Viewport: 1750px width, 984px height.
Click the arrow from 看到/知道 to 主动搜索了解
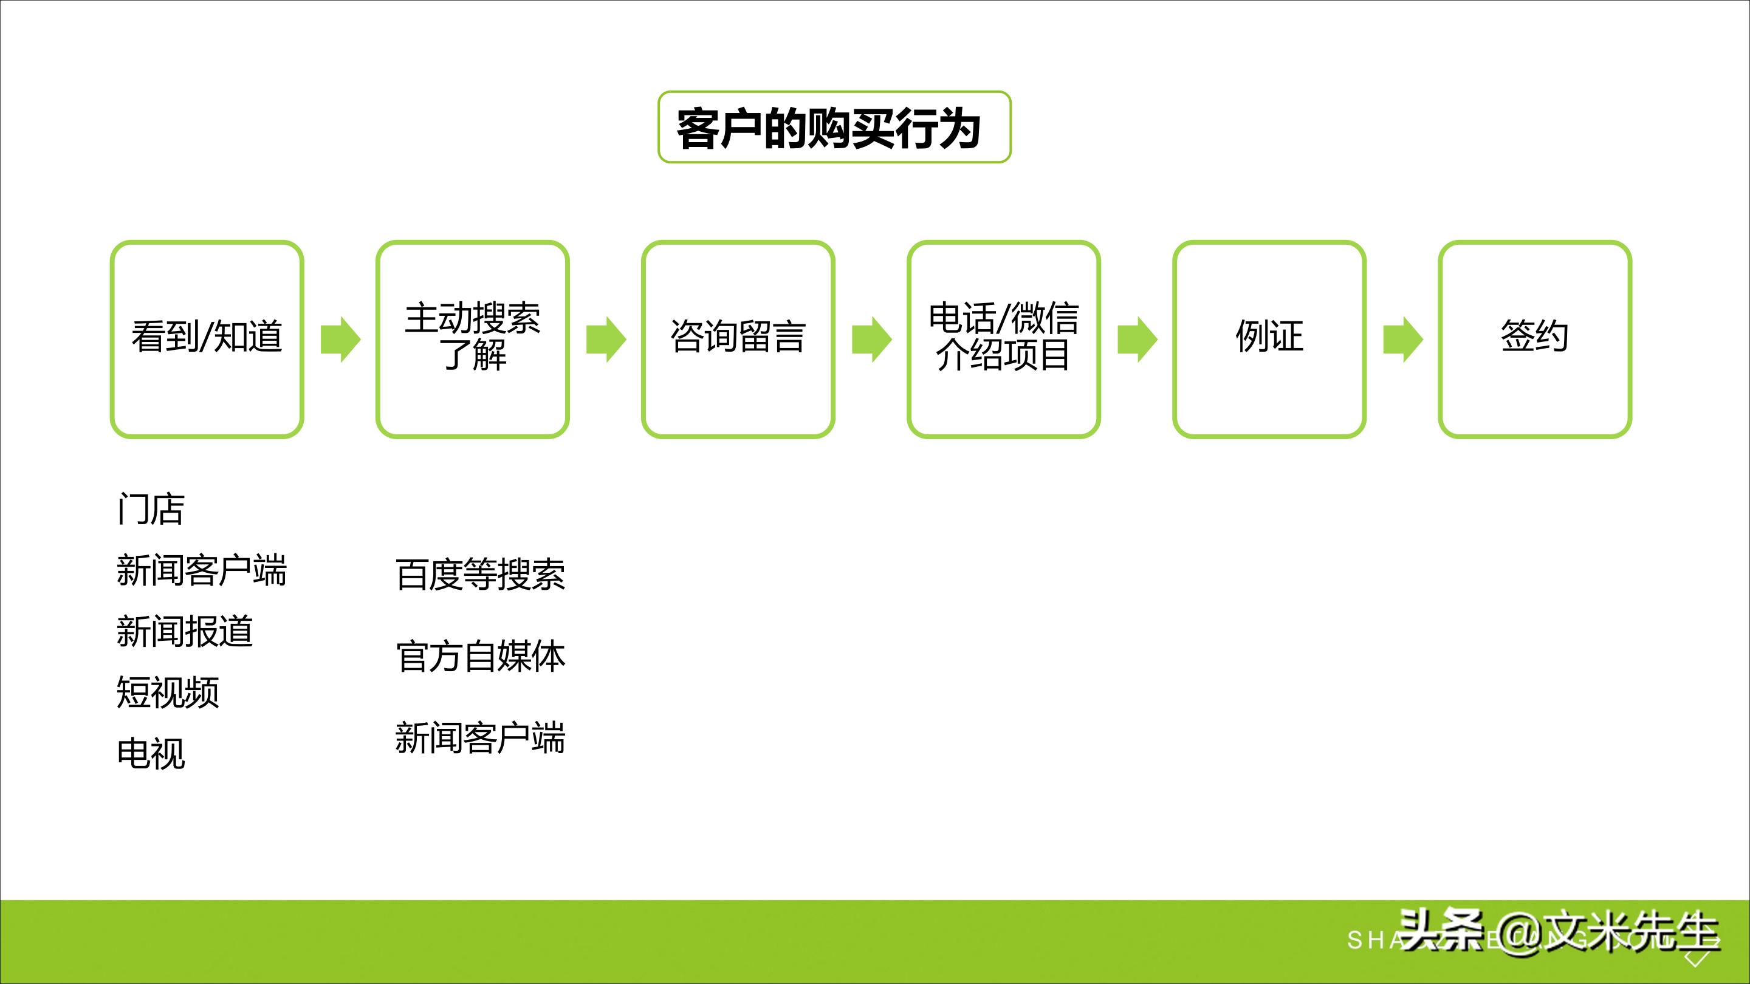click(x=340, y=339)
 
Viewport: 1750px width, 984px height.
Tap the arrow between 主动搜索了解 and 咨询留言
click(x=606, y=339)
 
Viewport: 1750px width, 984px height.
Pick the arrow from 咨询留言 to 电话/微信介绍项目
click(x=871, y=339)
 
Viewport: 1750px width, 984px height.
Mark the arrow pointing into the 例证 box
click(x=1137, y=339)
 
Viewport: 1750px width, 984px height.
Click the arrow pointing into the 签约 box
click(x=1403, y=339)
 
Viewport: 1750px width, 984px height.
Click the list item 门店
click(x=151, y=510)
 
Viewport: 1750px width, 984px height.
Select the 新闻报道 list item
click(x=185, y=632)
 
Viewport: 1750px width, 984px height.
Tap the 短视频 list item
click(x=168, y=692)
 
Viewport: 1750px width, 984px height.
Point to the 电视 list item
click(x=151, y=754)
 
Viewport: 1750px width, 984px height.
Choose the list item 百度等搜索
click(x=480, y=575)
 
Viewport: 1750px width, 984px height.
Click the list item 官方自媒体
click(x=480, y=657)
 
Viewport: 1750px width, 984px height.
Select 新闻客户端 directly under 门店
click(x=202, y=570)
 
